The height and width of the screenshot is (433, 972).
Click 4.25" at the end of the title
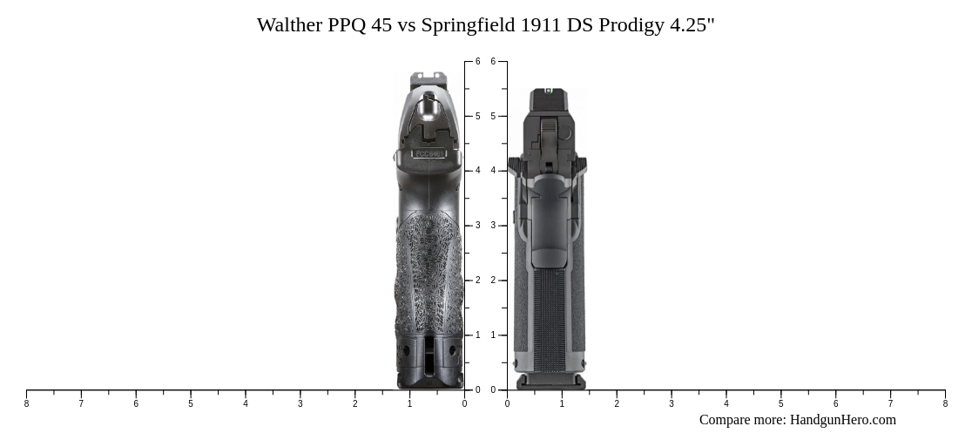tap(692, 25)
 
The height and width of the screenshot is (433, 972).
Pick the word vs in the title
tap(406, 25)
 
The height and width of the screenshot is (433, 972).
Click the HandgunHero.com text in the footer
tap(842, 420)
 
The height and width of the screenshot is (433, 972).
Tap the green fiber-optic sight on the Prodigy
tap(548, 91)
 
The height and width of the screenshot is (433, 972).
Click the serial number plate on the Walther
tap(429, 154)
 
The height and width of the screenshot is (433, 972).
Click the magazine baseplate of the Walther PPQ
tap(430, 381)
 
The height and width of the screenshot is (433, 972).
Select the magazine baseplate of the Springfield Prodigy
tap(550, 382)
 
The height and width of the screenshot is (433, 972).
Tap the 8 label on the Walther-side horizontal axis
tap(26, 403)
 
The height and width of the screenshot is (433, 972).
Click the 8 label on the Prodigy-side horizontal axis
tap(945, 403)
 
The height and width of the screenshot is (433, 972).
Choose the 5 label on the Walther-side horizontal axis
tap(191, 403)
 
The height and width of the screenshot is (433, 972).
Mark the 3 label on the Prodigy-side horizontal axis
tap(672, 403)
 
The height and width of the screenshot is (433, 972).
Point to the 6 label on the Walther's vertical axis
tap(477, 62)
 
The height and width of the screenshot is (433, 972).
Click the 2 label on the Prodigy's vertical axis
tap(493, 281)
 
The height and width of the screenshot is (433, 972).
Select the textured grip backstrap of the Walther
tap(429, 270)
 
